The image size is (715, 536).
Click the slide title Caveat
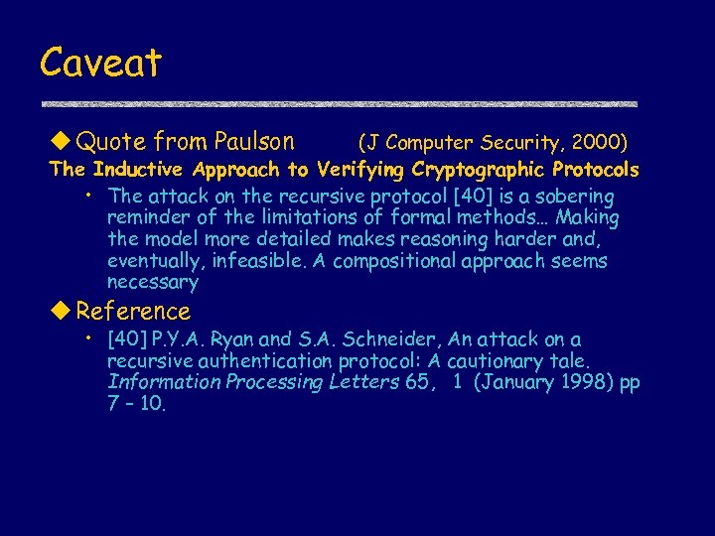click(100, 64)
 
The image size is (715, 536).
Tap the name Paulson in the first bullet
click(254, 142)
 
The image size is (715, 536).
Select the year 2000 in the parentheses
click(597, 143)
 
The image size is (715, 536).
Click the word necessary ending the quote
click(153, 283)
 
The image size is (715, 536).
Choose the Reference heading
click(132, 312)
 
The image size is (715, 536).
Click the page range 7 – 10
click(137, 405)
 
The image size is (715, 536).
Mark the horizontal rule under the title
click(338, 104)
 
